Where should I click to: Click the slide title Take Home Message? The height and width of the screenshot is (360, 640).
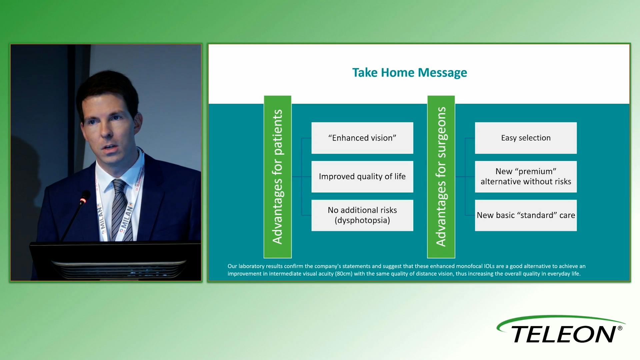pyautogui.click(x=410, y=73)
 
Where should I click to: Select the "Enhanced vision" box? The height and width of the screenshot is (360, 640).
pyautogui.click(x=362, y=138)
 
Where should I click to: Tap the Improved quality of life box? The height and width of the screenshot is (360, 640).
pyautogui.click(x=362, y=177)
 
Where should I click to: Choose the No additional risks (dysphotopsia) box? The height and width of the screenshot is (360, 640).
pyautogui.click(x=362, y=215)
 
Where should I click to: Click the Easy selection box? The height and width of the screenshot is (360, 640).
pyautogui.click(x=526, y=138)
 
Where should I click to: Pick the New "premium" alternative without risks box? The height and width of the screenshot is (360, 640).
pyautogui.click(x=526, y=177)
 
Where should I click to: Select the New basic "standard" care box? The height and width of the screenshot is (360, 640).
pyautogui.click(x=526, y=215)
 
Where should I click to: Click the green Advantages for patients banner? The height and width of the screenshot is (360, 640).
pyautogui.click(x=278, y=177)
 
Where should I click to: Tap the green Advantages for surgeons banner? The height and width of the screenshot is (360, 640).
pyautogui.click(x=441, y=177)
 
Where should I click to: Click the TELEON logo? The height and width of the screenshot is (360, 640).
pyautogui.click(x=561, y=330)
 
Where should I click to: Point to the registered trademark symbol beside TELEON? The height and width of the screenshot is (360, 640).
pyautogui.click(x=620, y=328)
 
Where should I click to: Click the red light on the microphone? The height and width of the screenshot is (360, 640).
pyautogui.click(x=83, y=200)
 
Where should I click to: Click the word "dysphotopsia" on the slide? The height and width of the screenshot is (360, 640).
pyautogui.click(x=362, y=220)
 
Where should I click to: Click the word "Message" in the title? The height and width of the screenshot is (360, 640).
pyautogui.click(x=442, y=73)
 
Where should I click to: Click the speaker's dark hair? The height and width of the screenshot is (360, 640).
pyautogui.click(x=107, y=87)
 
